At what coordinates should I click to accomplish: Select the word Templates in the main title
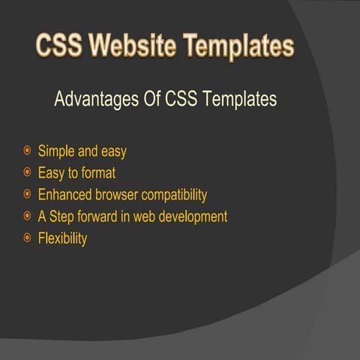[239, 46]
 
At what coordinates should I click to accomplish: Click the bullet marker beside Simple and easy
[27, 151]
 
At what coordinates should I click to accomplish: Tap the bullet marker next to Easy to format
[27, 173]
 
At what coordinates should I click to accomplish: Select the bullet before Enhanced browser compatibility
[27, 195]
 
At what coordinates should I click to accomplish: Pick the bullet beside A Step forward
[27, 217]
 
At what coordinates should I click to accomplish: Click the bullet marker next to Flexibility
[27, 238]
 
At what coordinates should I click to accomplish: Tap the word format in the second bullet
[97, 173]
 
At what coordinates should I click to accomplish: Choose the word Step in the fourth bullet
[64, 217]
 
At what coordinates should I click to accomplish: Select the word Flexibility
[62, 239]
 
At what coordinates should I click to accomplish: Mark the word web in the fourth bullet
[149, 217]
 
